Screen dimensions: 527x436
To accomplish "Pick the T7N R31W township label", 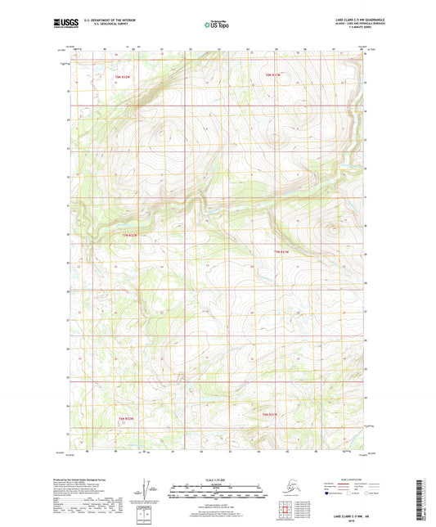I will [x=281, y=251].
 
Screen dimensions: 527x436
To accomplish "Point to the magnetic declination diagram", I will [x=147, y=492].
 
